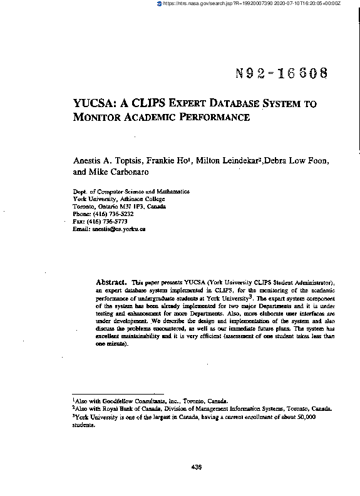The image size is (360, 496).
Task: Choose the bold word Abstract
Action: point(112,282)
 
